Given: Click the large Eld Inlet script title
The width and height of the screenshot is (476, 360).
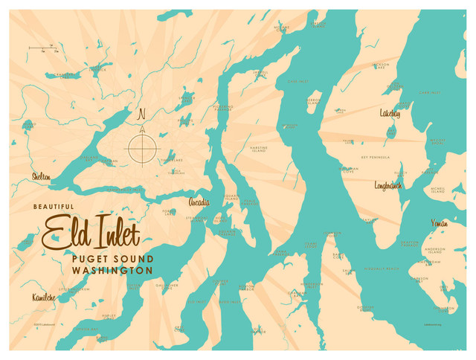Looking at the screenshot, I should pyautogui.click(x=91, y=232).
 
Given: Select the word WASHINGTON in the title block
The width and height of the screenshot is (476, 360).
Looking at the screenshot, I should pyautogui.click(x=113, y=270).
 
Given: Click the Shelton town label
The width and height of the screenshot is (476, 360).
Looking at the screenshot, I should pyautogui.click(x=42, y=177).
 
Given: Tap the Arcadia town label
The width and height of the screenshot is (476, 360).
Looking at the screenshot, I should pyautogui.click(x=199, y=202).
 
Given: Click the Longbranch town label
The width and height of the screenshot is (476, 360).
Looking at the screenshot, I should pyautogui.click(x=387, y=185).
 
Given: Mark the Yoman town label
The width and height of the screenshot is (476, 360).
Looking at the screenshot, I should pyautogui.click(x=439, y=222).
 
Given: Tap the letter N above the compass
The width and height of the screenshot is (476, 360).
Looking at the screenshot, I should pyautogui.click(x=142, y=115).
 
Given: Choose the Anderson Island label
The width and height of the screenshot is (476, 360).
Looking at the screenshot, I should pyautogui.click(x=434, y=251).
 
